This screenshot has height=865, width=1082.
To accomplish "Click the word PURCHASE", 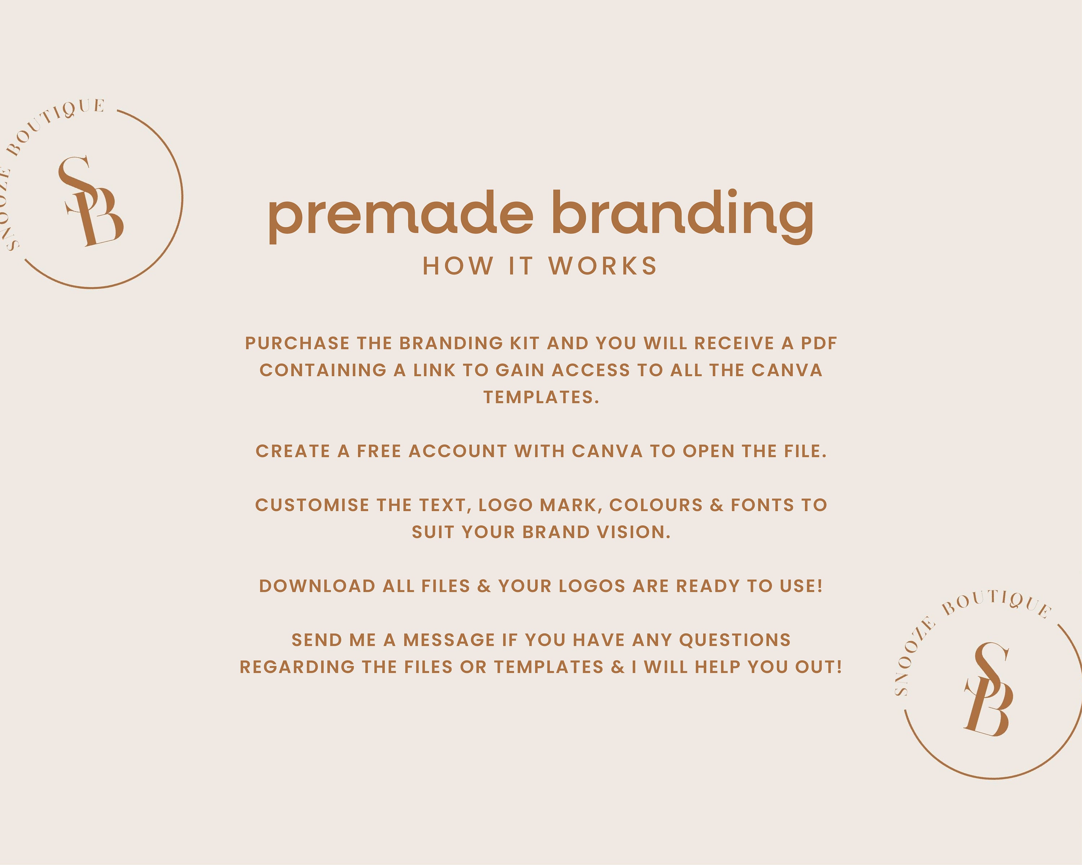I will pos(297,343).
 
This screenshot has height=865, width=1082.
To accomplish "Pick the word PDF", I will pos(819,343).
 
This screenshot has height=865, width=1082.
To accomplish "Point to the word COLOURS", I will pos(656,505).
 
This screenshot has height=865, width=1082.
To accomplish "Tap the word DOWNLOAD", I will pos(317,586).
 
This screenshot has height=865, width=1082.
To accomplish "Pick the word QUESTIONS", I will pos(735,640).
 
